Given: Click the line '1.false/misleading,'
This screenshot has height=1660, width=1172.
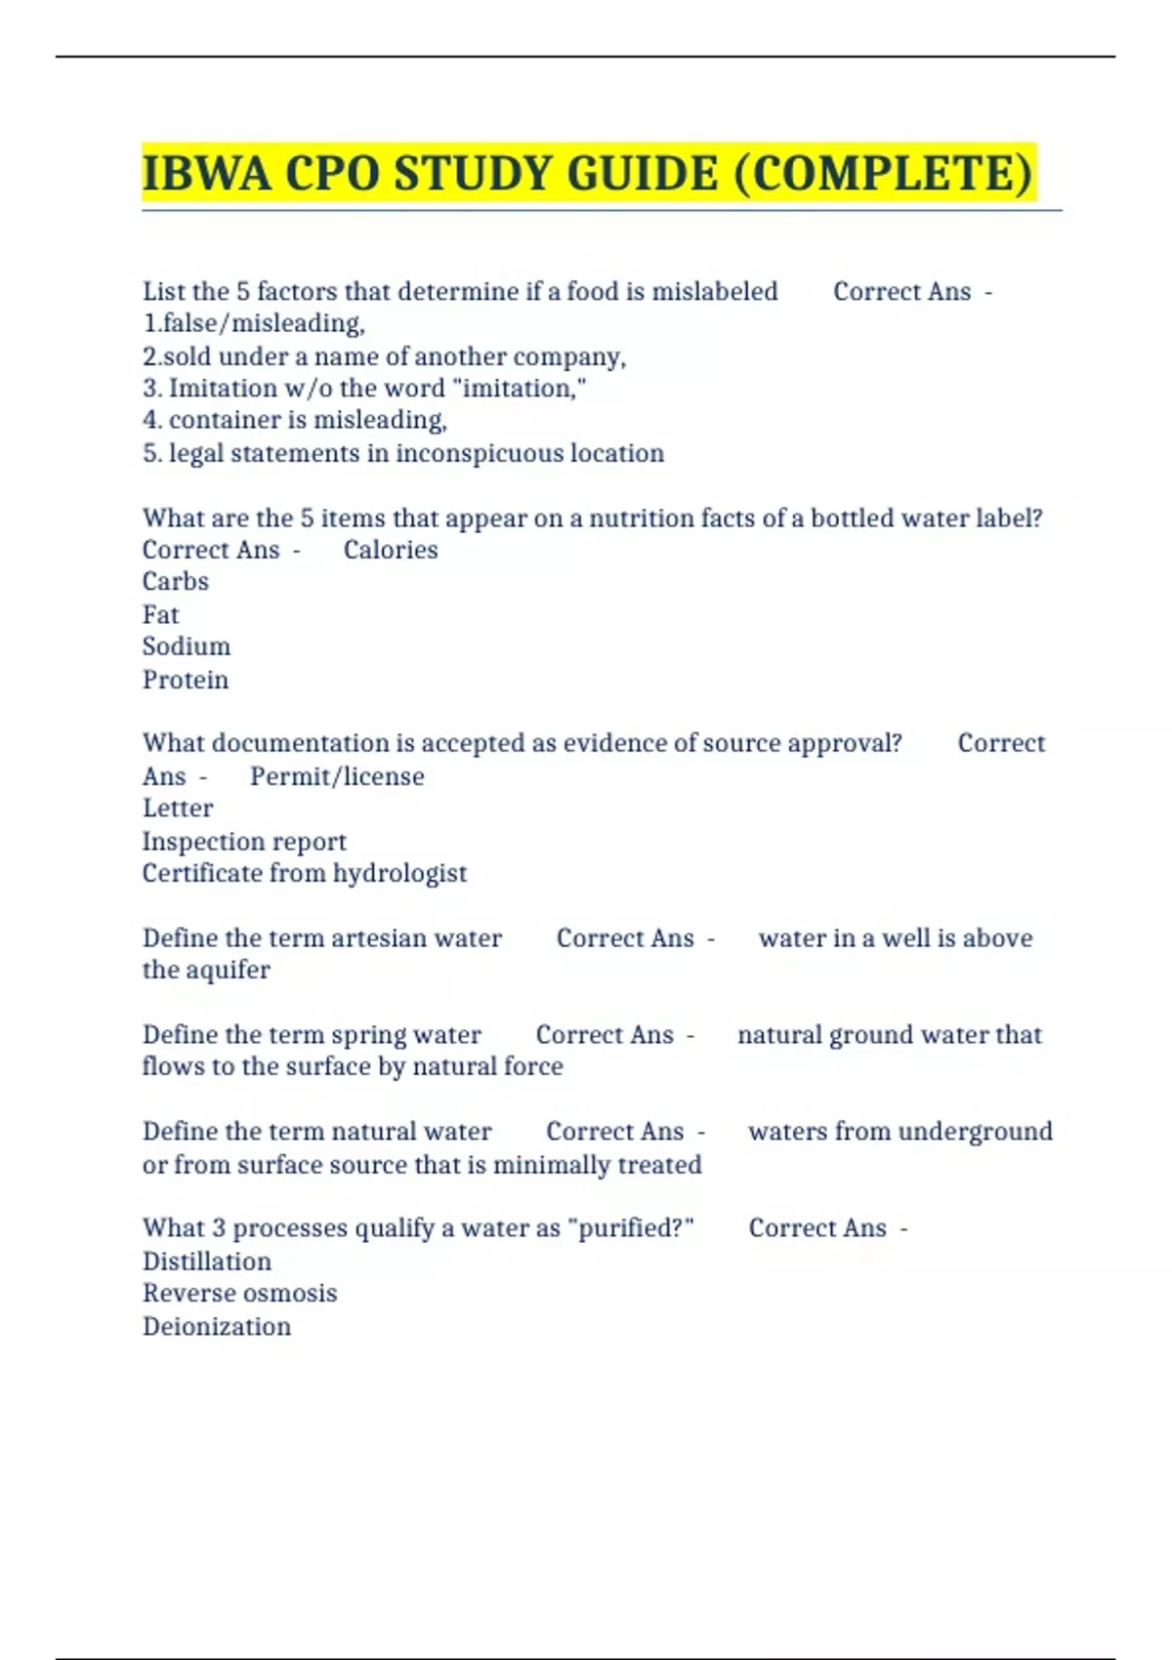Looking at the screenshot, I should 253,323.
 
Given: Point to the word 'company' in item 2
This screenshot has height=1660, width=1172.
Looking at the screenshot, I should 568,356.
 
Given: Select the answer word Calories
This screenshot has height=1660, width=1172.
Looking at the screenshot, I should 391,550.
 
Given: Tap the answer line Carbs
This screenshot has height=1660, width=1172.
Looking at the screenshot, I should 176,582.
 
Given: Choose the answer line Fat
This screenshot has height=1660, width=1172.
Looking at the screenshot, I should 161,615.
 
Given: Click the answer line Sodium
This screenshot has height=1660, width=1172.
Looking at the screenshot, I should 187,646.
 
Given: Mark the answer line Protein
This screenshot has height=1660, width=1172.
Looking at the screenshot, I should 186,680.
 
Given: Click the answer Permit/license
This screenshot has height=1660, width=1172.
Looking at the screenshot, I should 337,776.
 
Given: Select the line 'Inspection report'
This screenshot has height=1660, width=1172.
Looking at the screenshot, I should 244,842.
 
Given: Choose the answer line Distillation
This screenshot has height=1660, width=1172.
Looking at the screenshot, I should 207,1262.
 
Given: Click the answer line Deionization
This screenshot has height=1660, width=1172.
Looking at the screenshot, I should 217,1326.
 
